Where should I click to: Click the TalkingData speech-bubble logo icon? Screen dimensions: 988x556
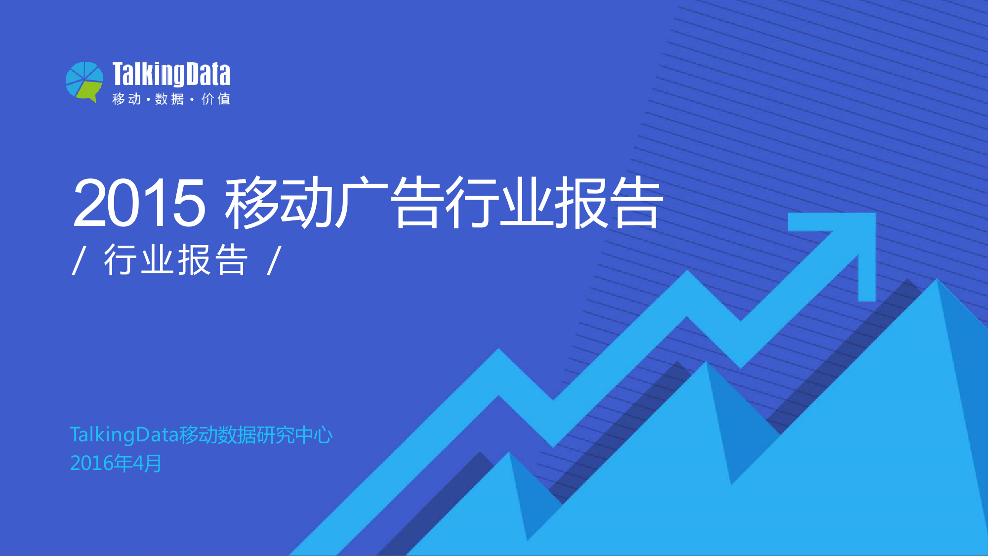point(84,82)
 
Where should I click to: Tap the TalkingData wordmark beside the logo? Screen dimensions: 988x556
point(171,74)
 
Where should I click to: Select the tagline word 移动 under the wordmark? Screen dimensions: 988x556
point(126,99)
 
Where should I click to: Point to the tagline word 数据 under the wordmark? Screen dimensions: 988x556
point(169,99)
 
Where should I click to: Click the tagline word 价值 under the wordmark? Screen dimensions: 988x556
point(216,99)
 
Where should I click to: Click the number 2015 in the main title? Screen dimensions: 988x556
point(139,203)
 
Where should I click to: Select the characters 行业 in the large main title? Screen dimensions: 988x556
point(499,203)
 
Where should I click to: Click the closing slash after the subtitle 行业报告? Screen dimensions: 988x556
point(274,260)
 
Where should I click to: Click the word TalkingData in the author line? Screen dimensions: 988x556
point(124,435)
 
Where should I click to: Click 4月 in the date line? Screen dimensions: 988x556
point(147,464)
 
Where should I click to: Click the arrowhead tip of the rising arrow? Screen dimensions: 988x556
point(875,214)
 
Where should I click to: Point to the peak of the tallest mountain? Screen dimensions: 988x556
point(937,279)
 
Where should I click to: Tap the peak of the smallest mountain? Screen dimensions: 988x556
point(509,452)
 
